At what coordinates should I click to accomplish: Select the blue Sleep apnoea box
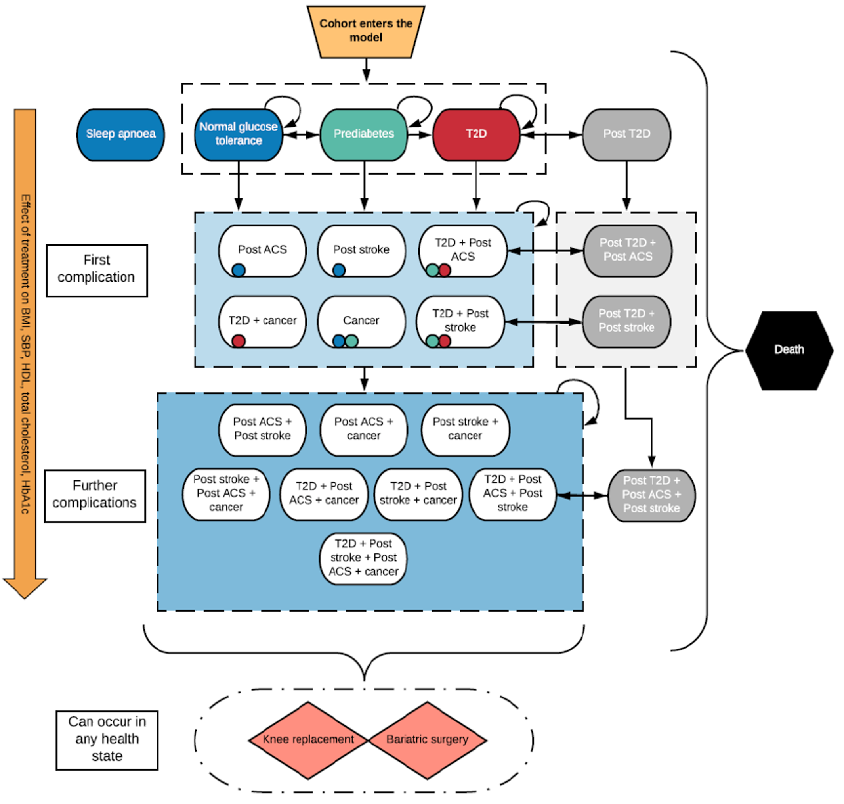click(120, 134)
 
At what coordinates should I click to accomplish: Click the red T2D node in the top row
click(476, 134)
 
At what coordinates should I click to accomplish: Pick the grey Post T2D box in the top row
click(626, 134)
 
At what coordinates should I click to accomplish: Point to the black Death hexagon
click(789, 350)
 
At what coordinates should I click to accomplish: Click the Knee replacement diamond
click(308, 740)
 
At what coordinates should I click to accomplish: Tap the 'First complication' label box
click(97, 271)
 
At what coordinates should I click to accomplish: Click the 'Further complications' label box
click(95, 495)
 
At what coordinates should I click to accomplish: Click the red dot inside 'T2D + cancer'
click(239, 341)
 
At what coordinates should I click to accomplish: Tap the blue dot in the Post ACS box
click(239, 270)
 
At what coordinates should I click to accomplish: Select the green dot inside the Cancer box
click(351, 341)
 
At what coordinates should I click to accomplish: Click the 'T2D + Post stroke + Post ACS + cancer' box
click(363, 558)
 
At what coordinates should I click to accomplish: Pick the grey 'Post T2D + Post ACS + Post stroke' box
click(651, 495)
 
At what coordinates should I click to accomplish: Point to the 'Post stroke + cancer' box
click(465, 430)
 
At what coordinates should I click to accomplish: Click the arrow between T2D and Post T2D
click(552, 135)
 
